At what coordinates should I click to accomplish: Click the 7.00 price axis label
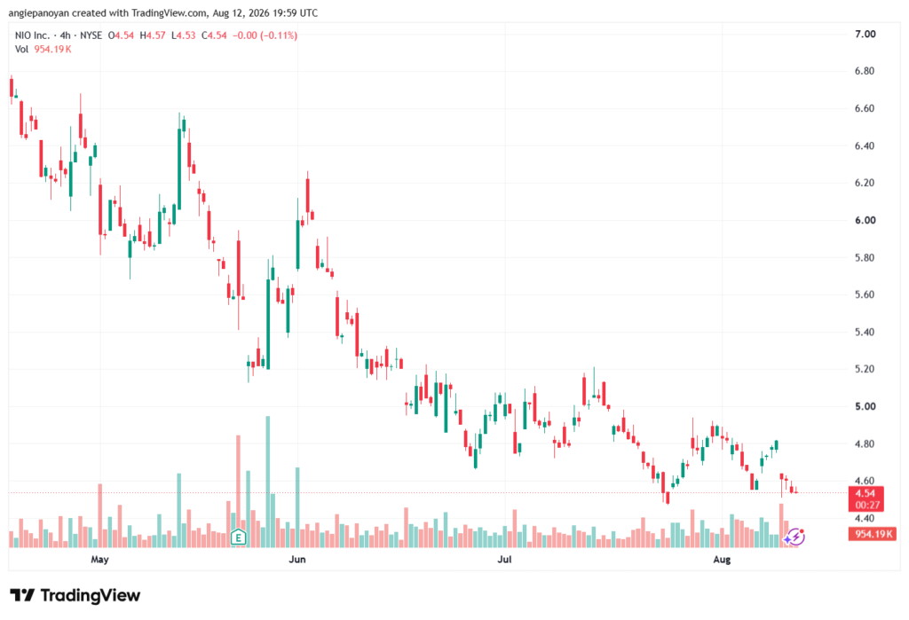865,35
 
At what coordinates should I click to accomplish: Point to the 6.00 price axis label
865,220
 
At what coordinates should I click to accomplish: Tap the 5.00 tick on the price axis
865,407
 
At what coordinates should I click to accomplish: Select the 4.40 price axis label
865,519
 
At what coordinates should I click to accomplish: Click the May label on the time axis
99,560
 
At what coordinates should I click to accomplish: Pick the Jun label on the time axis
296,560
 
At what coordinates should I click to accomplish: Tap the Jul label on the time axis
504,560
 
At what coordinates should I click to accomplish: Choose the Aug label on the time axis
722,560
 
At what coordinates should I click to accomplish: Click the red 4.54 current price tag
866,493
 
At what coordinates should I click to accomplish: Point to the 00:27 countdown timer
866,506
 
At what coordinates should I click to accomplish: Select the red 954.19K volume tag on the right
872,534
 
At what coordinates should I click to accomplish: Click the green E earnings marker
238,538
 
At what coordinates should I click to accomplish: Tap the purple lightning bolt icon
794,538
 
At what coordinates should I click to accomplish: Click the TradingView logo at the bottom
75,595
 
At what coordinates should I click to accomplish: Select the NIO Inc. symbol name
33,35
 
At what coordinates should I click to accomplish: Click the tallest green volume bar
268,482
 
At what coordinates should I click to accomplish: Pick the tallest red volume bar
238,491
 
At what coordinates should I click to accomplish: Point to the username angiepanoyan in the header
38,12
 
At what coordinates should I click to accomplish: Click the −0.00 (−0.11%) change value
265,35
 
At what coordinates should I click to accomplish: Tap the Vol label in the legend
21,50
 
